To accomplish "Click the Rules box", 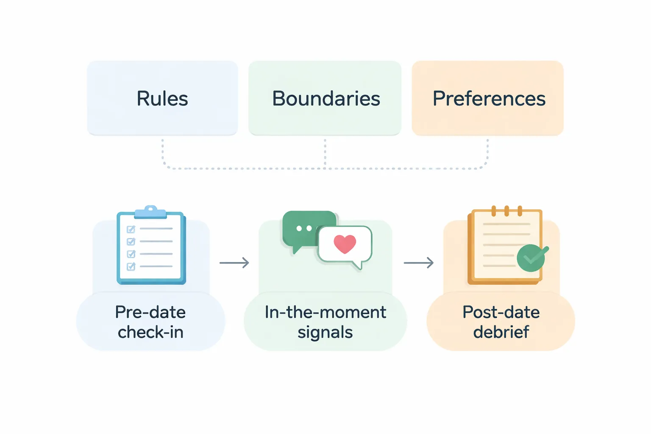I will click(x=162, y=98).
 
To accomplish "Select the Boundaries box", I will click(x=325, y=98).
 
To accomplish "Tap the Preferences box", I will click(x=488, y=98).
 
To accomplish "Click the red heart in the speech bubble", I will click(x=345, y=244).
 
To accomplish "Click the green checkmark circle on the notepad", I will click(x=531, y=258).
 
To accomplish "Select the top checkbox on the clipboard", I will click(x=131, y=229).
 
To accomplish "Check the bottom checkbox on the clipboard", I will click(x=131, y=267).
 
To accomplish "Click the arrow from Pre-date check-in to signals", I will click(x=234, y=263).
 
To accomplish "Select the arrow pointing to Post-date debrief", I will click(x=419, y=263).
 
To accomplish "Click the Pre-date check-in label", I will click(x=150, y=322).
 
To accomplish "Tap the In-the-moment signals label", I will click(x=325, y=322).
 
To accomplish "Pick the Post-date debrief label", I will click(x=501, y=322).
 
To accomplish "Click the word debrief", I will click(x=501, y=332).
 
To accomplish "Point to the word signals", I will click(x=325, y=333).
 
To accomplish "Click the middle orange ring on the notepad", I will click(x=506, y=211).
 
